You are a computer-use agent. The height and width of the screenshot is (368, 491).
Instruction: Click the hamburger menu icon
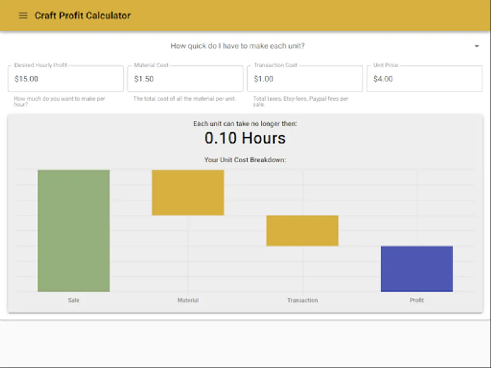[23, 16]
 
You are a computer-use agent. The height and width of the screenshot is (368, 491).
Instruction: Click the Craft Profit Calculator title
[82, 16]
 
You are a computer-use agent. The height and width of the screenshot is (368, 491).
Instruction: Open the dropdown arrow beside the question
[477, 46]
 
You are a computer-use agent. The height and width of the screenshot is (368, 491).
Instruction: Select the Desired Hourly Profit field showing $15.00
[65, 79]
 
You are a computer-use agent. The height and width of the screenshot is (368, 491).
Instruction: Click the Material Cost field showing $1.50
[185, 79]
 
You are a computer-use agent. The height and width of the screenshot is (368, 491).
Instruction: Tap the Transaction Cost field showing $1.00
[304, 79]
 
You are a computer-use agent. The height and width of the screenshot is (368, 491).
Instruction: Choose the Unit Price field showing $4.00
[424, 79]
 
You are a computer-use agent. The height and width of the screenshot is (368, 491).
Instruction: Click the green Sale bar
[74, 230]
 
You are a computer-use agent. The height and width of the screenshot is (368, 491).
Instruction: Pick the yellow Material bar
[188, 193]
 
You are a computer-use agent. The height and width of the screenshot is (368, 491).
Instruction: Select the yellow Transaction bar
[302, 231]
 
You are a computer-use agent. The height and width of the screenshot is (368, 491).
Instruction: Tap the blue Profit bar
[417, 269]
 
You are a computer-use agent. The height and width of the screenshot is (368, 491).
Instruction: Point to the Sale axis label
[74, 300]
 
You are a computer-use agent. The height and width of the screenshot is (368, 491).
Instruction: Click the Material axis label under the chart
[188, 300]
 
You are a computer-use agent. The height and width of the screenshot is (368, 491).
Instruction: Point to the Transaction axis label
[302, 300]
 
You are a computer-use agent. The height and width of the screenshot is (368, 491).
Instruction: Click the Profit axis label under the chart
[417, 300]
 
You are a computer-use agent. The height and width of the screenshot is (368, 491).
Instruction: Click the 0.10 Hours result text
[245, 139]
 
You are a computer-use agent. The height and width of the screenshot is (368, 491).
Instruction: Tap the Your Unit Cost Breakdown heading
[245, 160]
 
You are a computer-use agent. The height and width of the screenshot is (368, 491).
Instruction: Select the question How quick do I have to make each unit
[237, 46]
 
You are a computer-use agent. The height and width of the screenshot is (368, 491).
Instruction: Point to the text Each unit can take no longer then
[245, 123]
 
